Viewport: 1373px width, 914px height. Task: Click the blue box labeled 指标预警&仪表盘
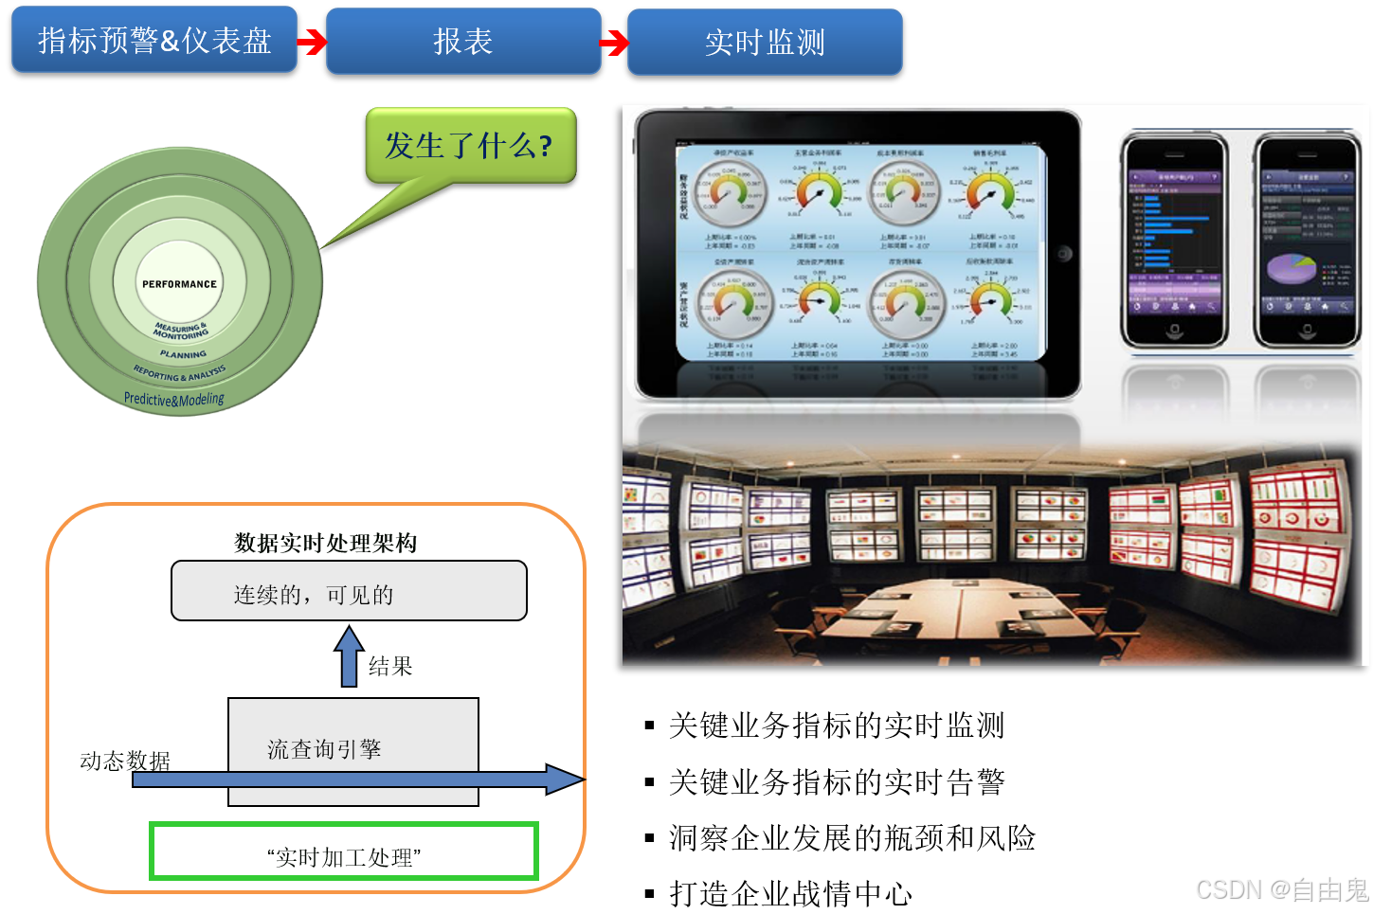(x=154, y=41)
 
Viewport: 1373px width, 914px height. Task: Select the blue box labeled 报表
(x=463, y=42)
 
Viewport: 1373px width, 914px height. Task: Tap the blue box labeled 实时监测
(x=765, y=43)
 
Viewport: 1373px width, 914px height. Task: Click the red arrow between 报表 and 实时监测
(x=614, y=43)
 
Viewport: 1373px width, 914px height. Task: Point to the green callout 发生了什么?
(x=470, y=146)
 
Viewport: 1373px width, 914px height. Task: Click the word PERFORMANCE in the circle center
(x=179, y=284)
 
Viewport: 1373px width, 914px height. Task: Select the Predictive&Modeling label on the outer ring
(x=174, y=400)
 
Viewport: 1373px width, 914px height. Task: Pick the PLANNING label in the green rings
(x=183, y=355)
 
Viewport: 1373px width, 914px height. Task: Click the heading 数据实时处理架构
(x=325, y=543)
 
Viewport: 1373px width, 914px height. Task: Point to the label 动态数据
(x=124, y=761)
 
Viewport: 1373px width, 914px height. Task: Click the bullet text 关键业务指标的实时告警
(x=836, y=782)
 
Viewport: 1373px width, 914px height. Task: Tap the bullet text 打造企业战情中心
(x=790, y=893)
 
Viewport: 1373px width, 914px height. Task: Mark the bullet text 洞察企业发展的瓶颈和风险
(x=851, y=838)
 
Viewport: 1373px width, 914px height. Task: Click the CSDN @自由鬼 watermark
(x=1282, y=890)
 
